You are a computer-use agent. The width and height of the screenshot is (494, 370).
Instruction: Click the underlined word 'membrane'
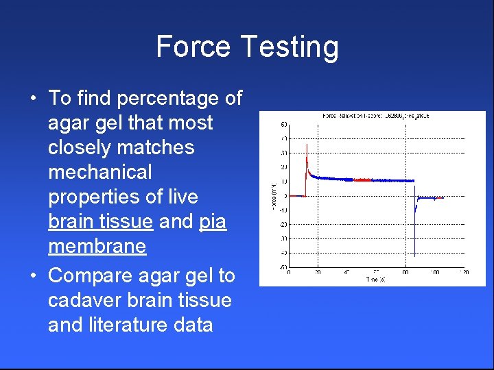pos(97,246)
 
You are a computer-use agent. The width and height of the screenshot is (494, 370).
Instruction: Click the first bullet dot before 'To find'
pos(33,99)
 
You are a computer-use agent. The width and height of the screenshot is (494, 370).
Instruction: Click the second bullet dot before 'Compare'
pos(33,276)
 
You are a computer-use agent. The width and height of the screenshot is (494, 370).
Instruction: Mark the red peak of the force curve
pos(306,146)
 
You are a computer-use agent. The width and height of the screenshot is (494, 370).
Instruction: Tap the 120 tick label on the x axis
pos(464,273)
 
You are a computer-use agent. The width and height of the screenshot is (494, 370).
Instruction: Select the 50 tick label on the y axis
pos(283,125)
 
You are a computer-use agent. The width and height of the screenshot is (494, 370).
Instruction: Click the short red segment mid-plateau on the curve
pos(362,180)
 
